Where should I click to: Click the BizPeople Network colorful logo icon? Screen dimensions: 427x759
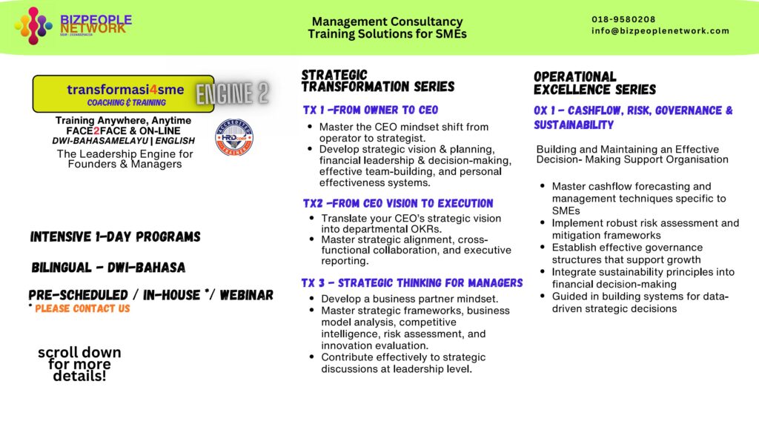[x=34, y=25]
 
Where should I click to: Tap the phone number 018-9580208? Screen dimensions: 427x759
[x=623, y=19]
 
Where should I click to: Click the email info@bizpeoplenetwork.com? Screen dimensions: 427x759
[x=660, y=31]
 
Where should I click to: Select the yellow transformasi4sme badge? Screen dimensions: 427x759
[x=124, y=94]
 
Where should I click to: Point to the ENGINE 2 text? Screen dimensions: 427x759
[x=232, y=93]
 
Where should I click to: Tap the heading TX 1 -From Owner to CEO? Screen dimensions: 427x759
[x=370, y=110]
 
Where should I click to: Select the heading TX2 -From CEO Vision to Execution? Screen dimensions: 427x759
[x=397, y=203]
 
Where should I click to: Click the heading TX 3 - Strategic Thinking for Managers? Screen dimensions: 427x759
[x=412, y=282]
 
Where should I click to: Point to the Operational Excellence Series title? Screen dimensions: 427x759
[x=594, y=83]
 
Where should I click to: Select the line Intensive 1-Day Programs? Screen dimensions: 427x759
[x=115, y=237]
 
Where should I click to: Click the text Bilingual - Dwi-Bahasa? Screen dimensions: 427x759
[x=108, y=267]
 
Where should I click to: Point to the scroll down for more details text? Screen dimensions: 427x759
[x=79, y=364]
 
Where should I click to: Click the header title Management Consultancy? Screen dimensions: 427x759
[x=387, y=21]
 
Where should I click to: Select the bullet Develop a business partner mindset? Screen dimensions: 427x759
[x=409, y=298]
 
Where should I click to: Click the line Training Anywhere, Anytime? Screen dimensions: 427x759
[x=123, y=120]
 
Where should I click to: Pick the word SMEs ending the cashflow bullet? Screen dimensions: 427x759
[x=566, y=211]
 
